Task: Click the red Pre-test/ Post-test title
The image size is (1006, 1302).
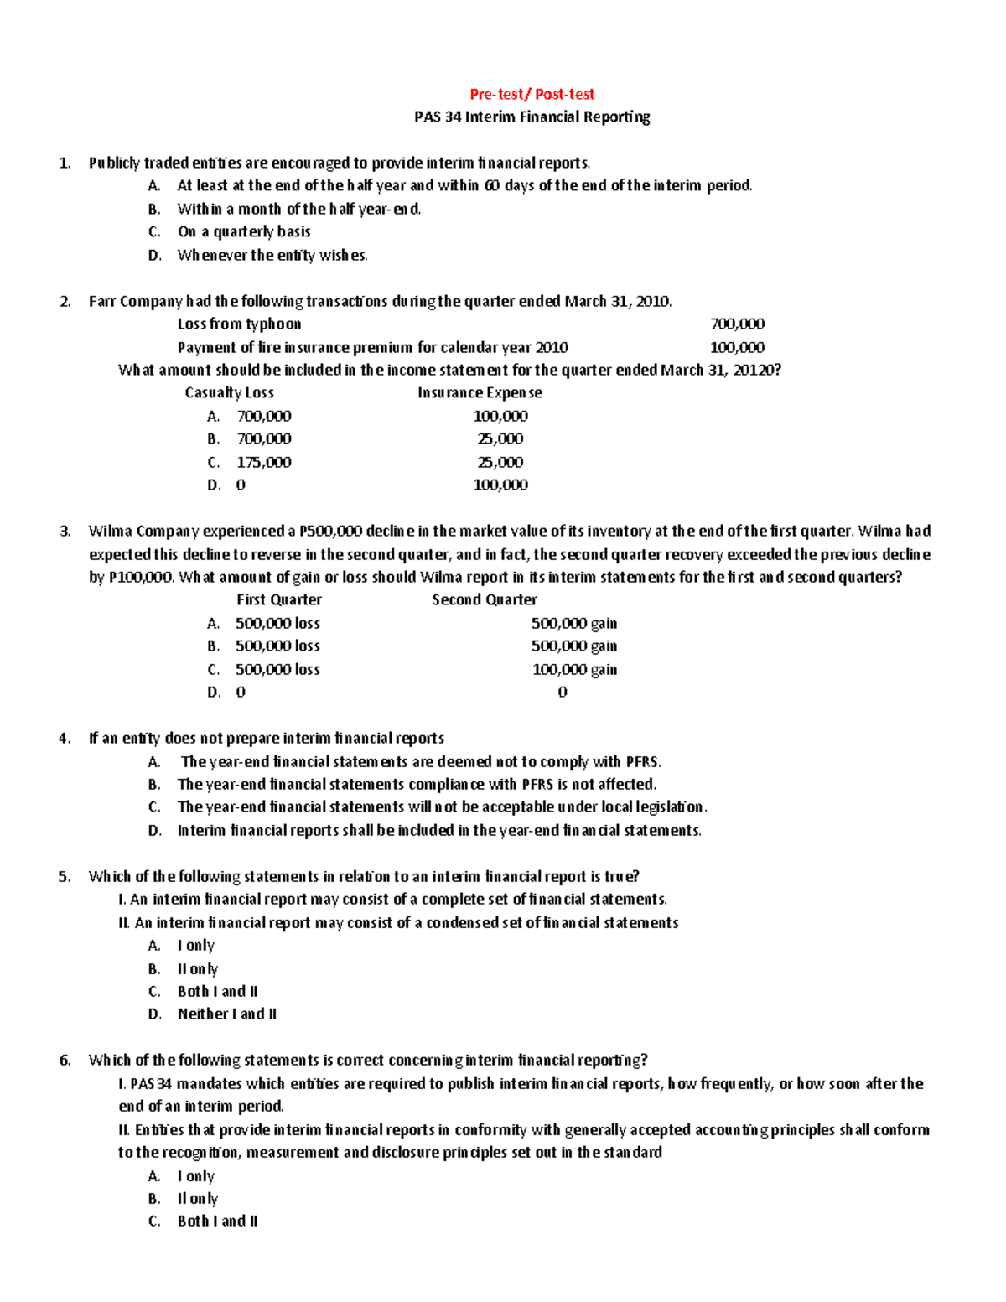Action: point(532,94)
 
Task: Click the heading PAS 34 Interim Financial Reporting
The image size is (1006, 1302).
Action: point(532,117)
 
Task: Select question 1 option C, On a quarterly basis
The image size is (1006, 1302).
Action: point(244,231)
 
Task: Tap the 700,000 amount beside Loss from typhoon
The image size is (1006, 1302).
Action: point(737,324)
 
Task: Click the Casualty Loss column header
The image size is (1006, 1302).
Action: point(229,392)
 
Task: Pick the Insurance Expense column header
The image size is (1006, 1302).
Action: point(480,392)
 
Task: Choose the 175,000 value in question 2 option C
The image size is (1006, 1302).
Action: point(263,462)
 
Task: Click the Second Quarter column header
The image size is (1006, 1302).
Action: point(485,599)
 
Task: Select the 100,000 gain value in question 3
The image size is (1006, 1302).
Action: point(574,669)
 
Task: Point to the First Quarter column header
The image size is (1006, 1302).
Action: point(278,599)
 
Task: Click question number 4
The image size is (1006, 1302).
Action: point(65,739)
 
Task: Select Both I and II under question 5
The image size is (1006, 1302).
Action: point(217,991)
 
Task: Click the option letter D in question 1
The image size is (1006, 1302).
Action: point(154,255)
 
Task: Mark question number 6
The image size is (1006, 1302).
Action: point(65,1061)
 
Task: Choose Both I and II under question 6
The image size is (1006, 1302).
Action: point(217,1221)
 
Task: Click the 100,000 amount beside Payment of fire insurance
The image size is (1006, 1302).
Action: point(737,347)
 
